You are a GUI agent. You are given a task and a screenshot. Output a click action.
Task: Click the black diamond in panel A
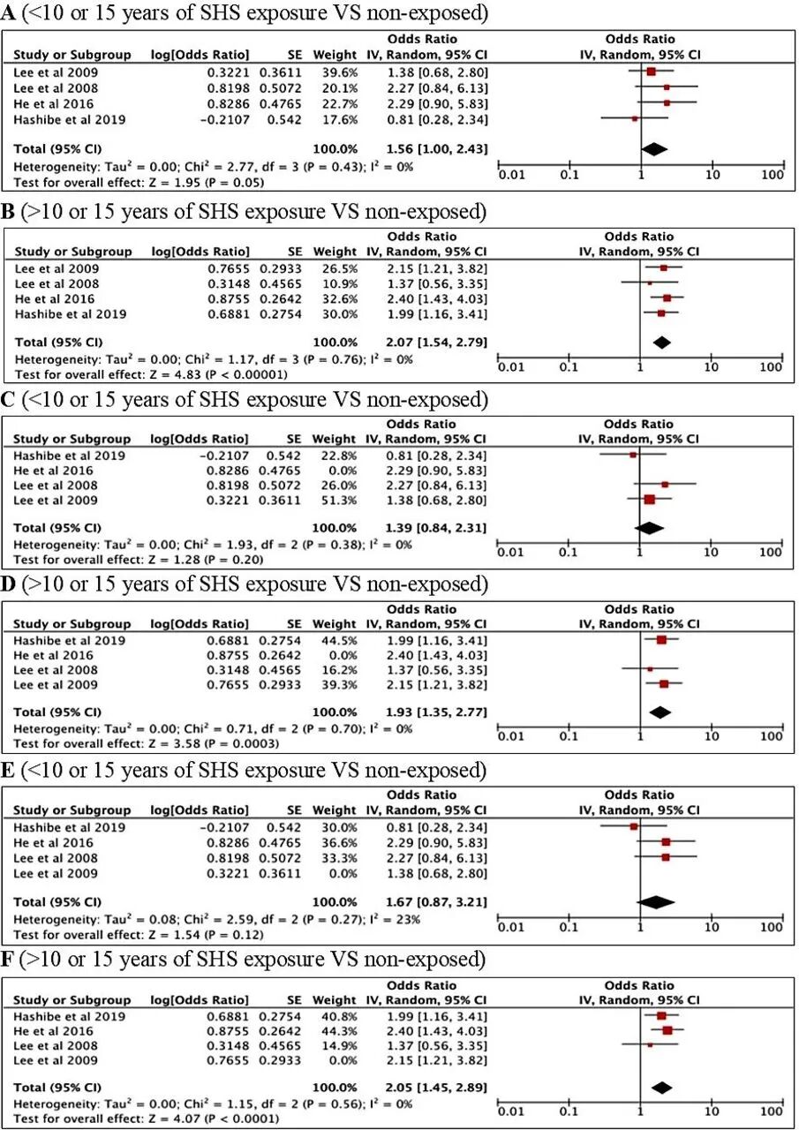pos(654,150)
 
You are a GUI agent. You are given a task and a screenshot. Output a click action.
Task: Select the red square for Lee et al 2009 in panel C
pos(650,500)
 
